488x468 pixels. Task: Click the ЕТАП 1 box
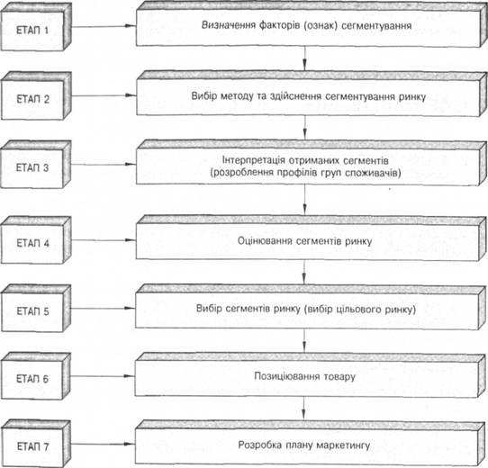(x=36, y=27)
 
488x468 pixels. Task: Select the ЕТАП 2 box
(x=36, y=96)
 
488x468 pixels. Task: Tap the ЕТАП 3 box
(x=36, y=165)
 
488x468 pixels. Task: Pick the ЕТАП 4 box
(x=36, y=240)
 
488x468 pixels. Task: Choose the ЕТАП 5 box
(x=36, y=309)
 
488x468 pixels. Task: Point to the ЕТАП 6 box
(x=36, y=376)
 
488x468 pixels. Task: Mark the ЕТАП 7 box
(x=36, y=444)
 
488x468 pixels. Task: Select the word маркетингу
(x=343, y=445)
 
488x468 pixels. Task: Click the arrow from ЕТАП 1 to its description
(x=104, y=26)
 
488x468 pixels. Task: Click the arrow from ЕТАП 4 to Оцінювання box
(x=104, y=240)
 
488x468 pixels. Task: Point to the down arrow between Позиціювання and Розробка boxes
(x=303, y=409)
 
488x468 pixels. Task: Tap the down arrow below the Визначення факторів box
(x=304, y=58)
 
